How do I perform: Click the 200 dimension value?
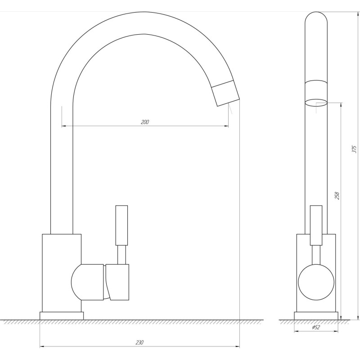(144, 122)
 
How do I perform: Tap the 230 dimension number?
(139, 342)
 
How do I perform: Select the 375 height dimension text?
(355, 149)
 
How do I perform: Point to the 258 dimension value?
(337, 195)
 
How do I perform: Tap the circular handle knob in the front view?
(316, 282)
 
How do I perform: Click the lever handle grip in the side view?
(121, 225)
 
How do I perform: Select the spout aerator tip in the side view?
(225, 94)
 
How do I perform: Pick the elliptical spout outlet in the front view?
(316, 103)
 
